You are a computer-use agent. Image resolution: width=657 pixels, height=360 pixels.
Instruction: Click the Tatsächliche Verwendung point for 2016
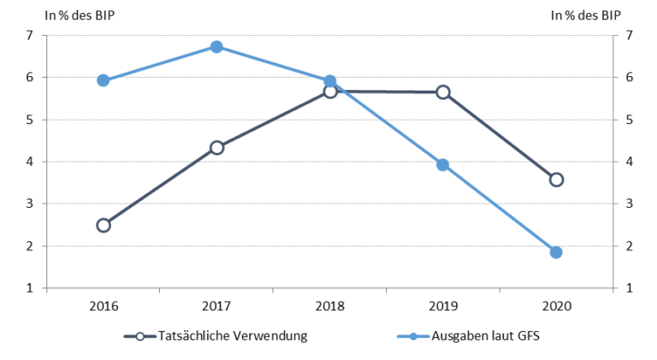pos(104,225)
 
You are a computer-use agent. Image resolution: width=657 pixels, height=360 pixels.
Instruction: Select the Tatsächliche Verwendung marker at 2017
pos(216,147)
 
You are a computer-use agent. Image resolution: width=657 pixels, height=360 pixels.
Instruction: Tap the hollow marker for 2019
pos(443,91)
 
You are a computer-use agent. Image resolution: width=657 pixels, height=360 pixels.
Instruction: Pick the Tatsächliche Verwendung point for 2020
pos(556,180)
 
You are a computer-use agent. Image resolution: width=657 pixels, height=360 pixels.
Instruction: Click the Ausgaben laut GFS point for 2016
pos(104,80)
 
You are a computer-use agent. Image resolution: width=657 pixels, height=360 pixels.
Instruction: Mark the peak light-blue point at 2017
pos(216,47)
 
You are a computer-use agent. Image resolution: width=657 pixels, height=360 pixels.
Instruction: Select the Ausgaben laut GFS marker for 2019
pos(443,165)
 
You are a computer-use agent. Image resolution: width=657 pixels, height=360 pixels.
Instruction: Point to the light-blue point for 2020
pos(556,252)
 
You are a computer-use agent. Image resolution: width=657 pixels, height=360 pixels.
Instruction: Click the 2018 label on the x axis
pos(330,305)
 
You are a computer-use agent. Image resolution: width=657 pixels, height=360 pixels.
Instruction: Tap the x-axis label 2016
pos(104,305)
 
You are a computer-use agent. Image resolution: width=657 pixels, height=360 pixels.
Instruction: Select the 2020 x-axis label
pos(556,305)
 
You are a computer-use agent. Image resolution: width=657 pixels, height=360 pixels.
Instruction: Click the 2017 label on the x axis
pos(216,305)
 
